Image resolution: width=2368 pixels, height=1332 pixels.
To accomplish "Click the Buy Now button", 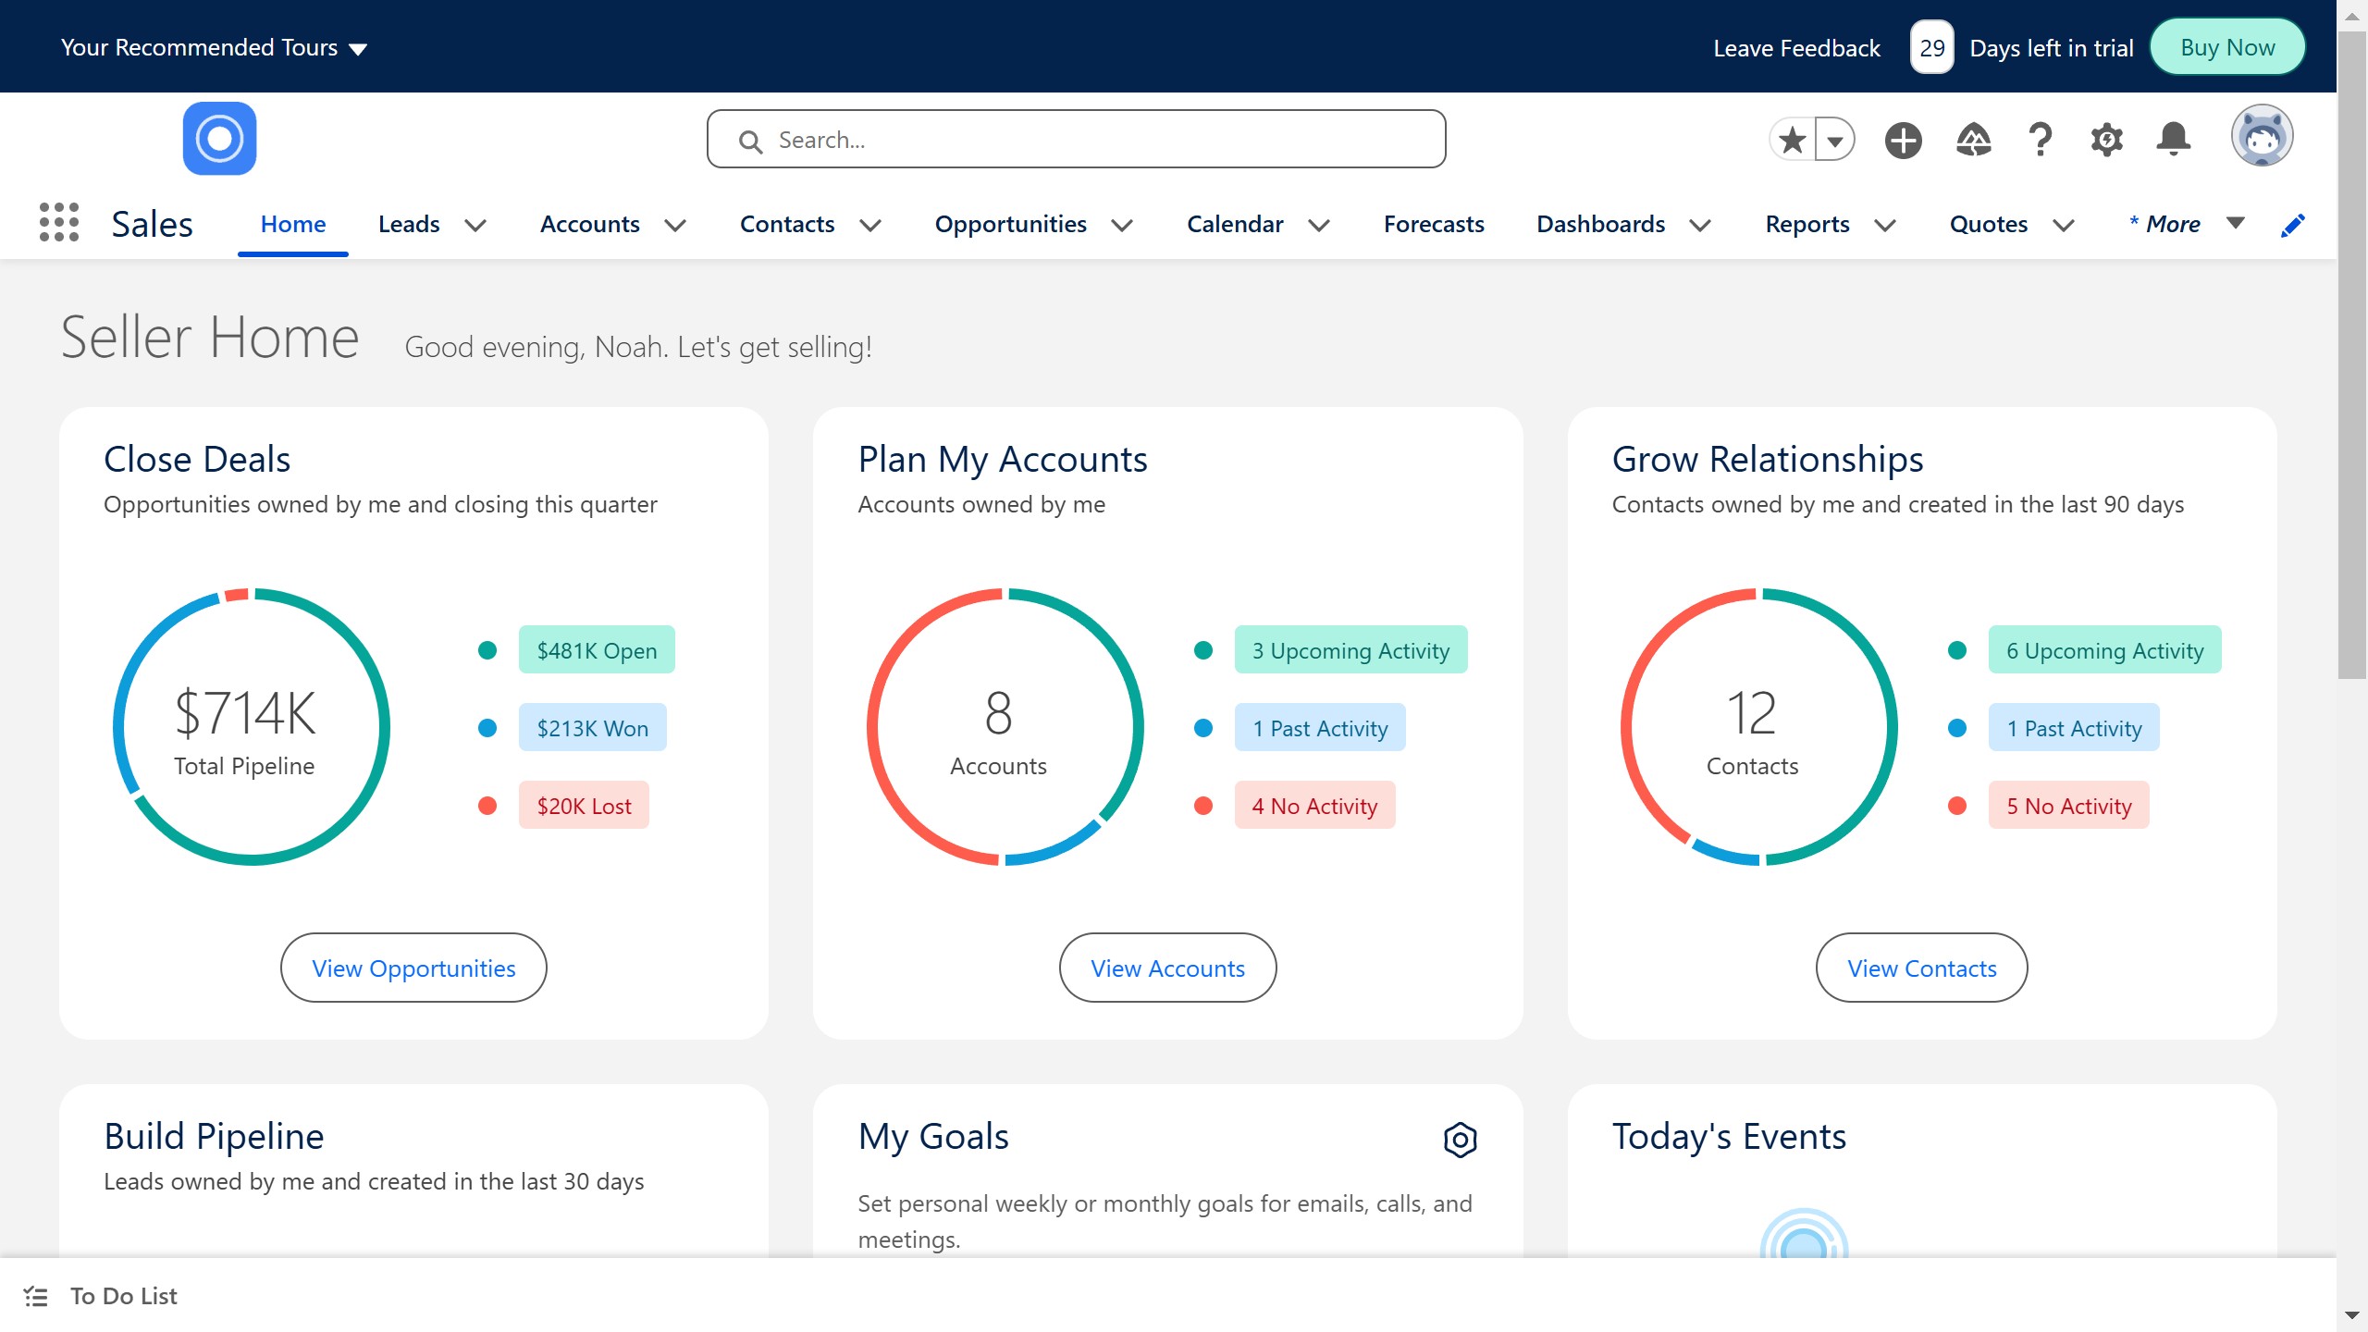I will (x=2226, y=47).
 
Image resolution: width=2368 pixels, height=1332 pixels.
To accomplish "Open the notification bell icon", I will (x=2173, y=140).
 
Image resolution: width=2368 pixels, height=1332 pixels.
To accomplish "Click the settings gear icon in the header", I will (x=2106, y=140).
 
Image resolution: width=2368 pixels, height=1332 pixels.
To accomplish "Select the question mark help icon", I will (x=2040, y=140).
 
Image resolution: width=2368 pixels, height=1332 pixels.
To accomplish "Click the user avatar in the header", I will (x=2261, y=137).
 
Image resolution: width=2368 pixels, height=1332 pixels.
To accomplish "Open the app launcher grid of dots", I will (x=59, y=223).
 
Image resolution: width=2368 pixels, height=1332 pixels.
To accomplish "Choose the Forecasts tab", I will (x=1433, y=224).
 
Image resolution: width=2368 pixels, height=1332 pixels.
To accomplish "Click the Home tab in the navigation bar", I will (x=292, y=224).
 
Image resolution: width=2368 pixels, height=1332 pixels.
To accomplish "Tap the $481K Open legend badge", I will (x=597, y=650).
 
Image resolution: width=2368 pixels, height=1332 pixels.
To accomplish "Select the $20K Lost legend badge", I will (x=584, y=806).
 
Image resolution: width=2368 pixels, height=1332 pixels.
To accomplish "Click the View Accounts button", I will (x=1167, y=968).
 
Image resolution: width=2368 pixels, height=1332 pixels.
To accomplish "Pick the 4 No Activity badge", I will (x=1314, y=806).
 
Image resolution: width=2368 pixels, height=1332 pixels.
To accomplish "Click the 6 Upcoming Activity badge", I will (x=2104, y=650).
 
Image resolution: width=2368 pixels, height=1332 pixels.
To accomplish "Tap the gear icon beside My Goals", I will (x=1460, y=1140).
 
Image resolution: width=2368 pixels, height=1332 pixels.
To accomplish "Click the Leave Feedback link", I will (x=1796, y=48).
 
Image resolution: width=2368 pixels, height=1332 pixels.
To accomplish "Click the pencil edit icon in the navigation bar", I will (x=2292, y=225).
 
